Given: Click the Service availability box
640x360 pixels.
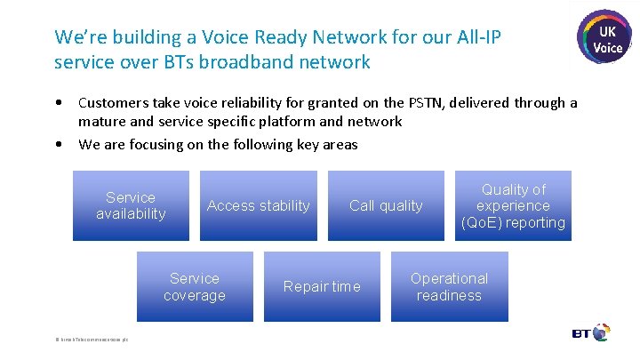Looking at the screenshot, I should [131, 205].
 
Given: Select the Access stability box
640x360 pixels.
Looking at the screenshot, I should [258, 205].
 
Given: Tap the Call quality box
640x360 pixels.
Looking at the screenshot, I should [386, 205].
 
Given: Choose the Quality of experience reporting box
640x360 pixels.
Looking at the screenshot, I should [513, 205].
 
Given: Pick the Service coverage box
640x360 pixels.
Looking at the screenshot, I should [194, 286].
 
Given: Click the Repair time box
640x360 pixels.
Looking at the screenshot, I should [322, 286].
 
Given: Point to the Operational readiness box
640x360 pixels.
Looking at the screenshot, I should [449, 286].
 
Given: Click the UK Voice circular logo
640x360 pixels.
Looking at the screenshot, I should [607, 37].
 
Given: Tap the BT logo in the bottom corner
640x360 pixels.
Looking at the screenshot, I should [591, 333].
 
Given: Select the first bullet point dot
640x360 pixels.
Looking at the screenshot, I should [58, 103].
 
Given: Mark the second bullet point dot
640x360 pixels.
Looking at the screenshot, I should [58, 144].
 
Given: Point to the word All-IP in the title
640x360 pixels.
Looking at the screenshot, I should [487, 37].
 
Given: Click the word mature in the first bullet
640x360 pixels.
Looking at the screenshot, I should [100, 122].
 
